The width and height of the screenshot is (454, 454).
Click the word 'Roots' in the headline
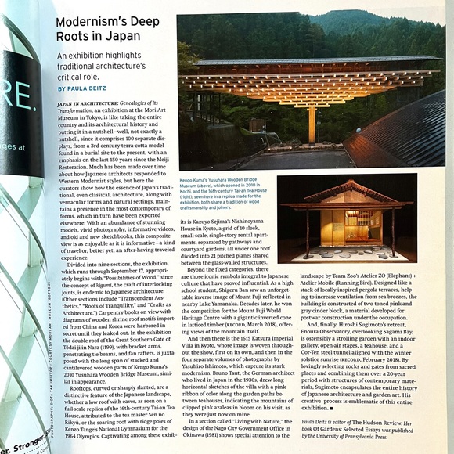click(78, 38)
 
